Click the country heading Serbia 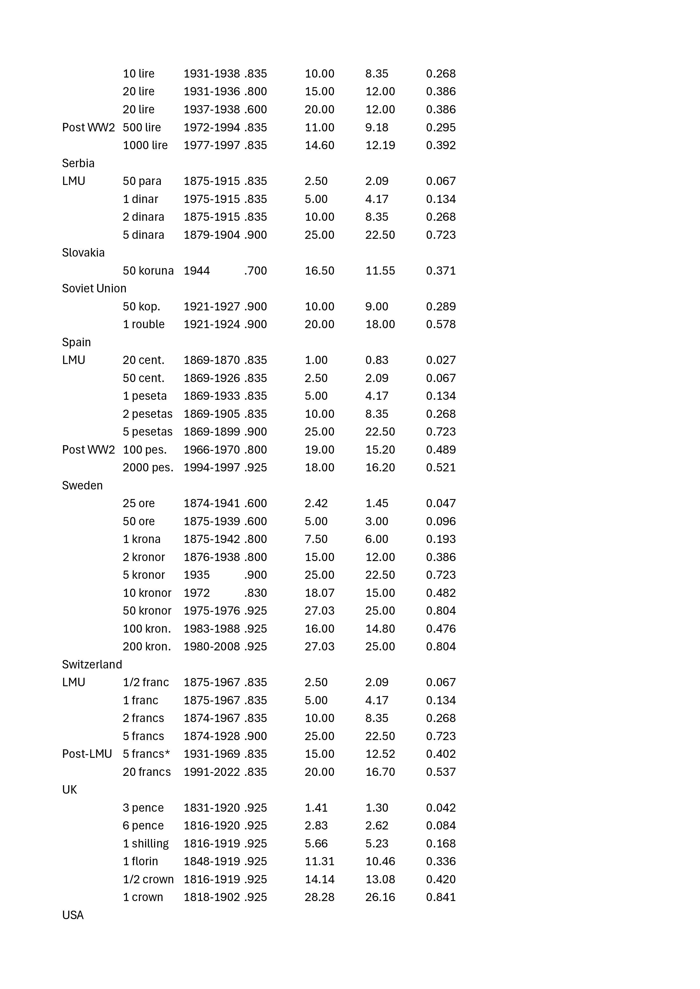78,163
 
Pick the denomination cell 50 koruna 148,271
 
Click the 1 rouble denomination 144,324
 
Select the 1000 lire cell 145,145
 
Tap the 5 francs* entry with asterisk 146,754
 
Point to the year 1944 197,271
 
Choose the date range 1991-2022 212,772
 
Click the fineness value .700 256,271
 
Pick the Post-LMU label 87,754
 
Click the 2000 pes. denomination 148,467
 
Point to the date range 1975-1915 212,199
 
